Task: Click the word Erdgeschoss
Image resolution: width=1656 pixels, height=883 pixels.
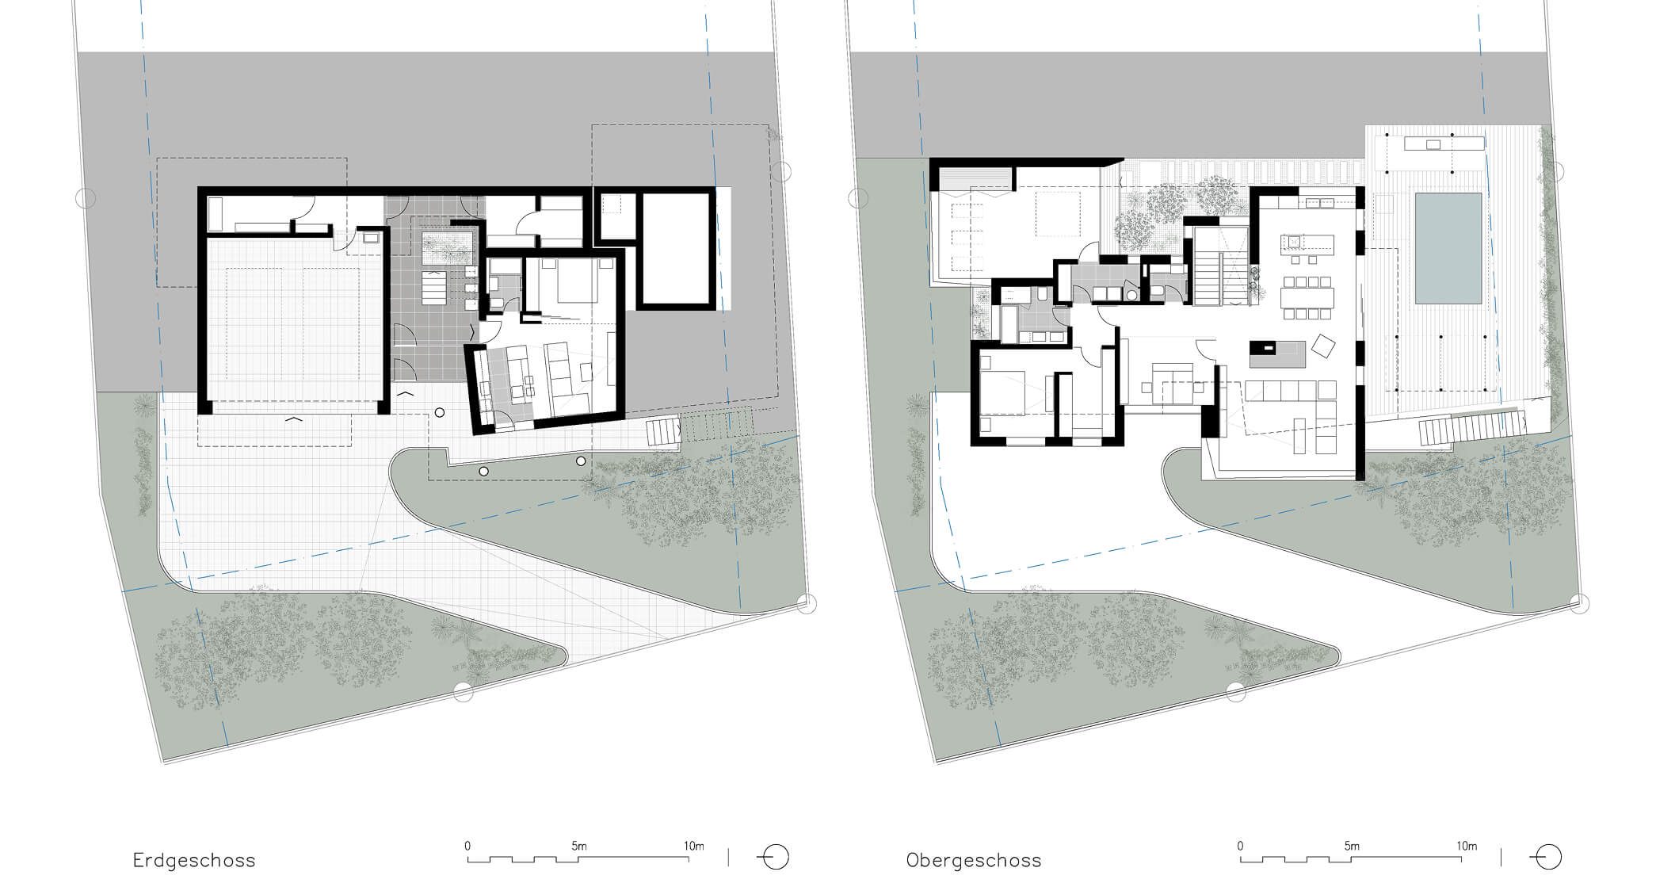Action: pos(194,860)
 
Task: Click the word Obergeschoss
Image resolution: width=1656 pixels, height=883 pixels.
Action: pos(974,860)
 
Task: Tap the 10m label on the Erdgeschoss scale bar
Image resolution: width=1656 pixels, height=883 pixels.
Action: pos(694,846)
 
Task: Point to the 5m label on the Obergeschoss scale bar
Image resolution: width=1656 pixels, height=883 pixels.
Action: pos(1352,846)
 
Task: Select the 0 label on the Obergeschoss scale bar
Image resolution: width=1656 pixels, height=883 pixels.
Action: pos(1241,846)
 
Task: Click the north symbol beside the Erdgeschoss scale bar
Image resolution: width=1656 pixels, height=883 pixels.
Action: pos(773,858)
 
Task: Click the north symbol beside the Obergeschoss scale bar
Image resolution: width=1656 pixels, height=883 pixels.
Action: pos(1546,858)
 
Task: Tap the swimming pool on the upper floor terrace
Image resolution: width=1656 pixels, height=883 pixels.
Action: pos(1448,248)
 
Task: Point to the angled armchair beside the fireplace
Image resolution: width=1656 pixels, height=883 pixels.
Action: pos(1323,346)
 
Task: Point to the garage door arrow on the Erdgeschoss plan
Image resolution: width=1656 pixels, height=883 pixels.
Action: pos(293,418)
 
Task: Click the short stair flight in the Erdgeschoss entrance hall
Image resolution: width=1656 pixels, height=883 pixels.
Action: pos(434,288)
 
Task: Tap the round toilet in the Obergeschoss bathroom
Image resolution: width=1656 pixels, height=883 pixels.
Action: pos(1131,295)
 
